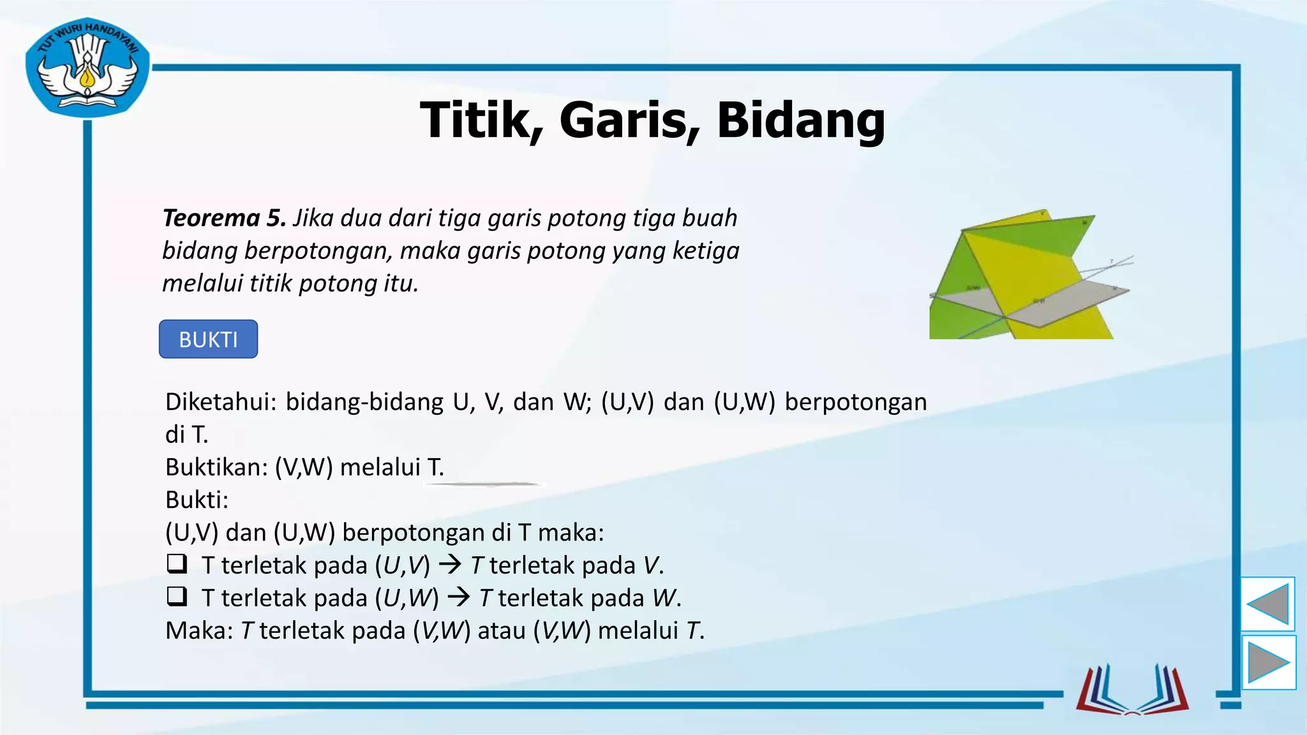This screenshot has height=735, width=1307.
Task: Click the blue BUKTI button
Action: point(208,339)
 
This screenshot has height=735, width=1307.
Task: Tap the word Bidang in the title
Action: point(800,121)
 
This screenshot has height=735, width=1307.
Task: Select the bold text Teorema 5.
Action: point(224,218)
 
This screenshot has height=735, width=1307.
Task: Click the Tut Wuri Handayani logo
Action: point(87,68)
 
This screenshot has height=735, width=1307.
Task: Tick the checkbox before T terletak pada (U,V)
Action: point(177,564)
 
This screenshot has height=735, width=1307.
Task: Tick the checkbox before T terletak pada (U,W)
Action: point(177,597)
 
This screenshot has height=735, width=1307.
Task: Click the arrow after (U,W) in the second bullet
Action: point(459,597)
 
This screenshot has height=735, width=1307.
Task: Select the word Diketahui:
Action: point(220,402)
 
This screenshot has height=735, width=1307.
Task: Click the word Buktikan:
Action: point(216,467)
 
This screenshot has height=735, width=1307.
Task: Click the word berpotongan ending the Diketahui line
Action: point(855,402)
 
